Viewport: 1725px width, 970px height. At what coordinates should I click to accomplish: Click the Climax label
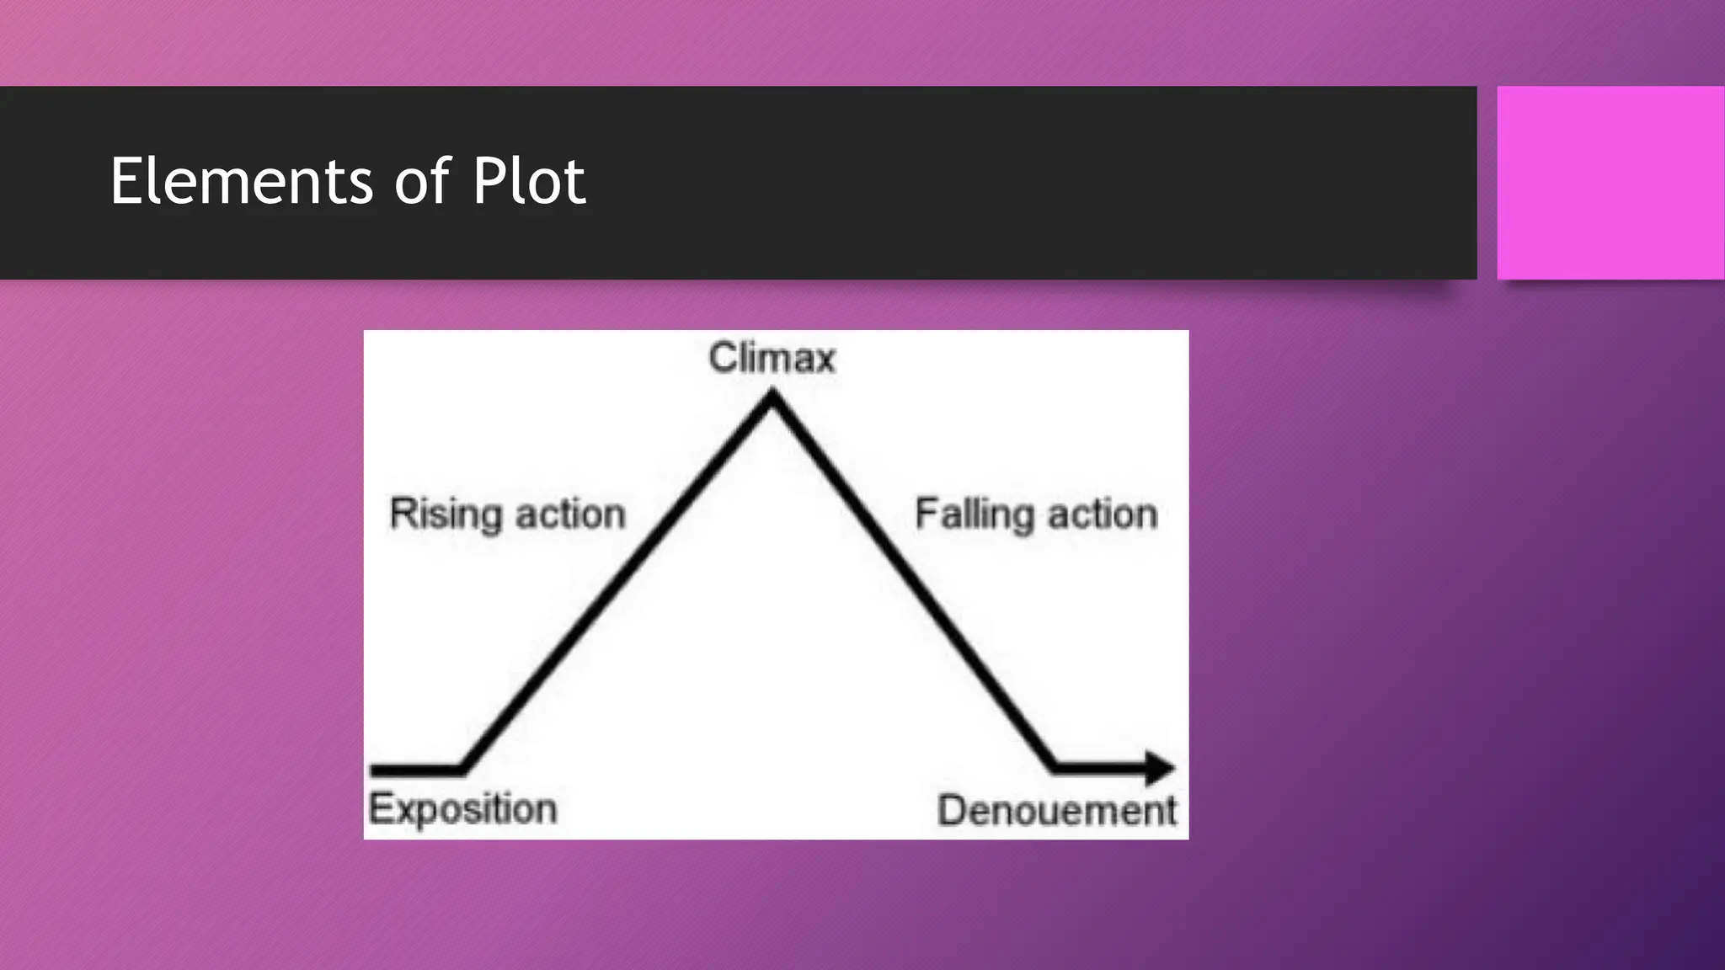pos(772,358)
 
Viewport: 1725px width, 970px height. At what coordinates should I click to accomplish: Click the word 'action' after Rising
pos(570,514)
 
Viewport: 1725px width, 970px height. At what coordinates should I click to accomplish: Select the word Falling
pos(974,514)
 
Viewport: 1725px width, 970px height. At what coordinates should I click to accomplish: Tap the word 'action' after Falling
pos(1103,514)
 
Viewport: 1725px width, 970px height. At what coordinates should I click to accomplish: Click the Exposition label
pos(462,808)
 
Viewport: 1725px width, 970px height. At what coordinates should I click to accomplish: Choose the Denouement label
pos(1056,811)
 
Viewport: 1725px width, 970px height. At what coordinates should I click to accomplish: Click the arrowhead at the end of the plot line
pos(1162,768)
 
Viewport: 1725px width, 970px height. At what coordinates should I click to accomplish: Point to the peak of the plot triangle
pos(772,396)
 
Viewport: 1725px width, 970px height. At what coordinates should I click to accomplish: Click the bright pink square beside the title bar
pos(1610,183)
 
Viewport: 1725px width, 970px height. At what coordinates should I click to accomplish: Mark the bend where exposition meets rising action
pos(462,768)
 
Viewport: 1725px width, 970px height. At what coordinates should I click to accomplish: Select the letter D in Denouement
pos(952,811)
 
